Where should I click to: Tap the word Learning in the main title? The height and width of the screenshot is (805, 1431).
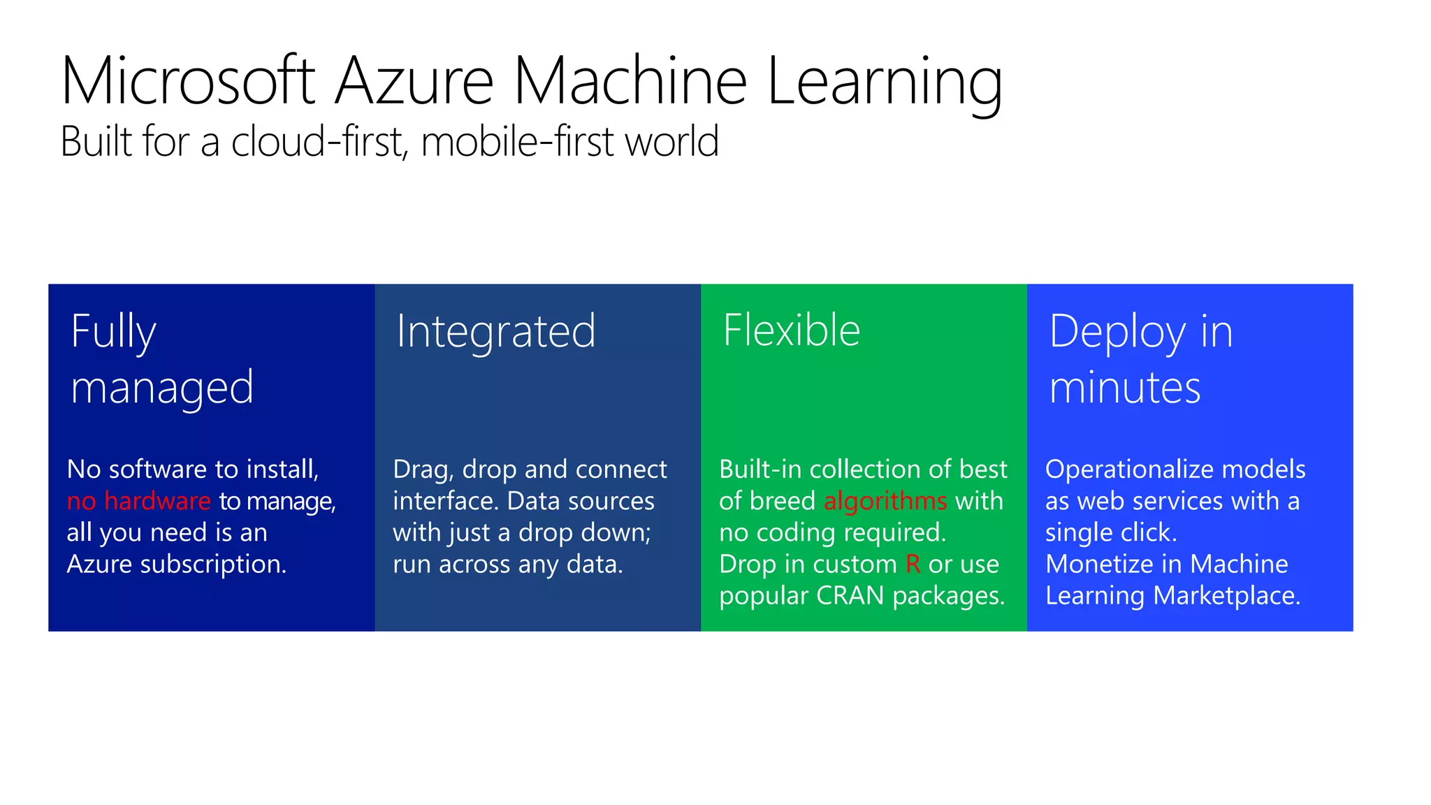(x=884, y=82)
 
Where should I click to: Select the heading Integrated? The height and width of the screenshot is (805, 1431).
(x=496, y=331)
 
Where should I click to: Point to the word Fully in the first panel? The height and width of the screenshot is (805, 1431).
(x=113, y=331)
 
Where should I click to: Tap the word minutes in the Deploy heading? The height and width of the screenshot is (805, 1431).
(x=1124, y=387)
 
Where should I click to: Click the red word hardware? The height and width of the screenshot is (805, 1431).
(x=157, y=501)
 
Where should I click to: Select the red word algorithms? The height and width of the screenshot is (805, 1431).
(x=885, y=501)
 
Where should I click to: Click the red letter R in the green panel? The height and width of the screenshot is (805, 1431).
(x=913, y=564)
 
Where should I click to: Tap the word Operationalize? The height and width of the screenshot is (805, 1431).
(x=1114, y=469)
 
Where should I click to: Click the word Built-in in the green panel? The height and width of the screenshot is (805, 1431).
(x=760, y=469)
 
